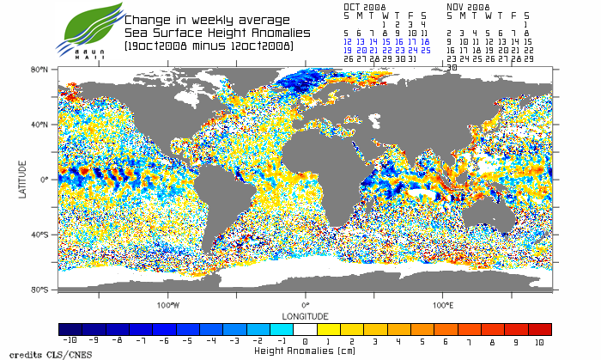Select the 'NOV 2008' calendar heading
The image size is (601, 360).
pyautogui.click(x=468, y=6)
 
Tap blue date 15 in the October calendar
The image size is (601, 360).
pyautogui.click(x=386, y=40)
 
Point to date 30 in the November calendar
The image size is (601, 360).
pyautogui.click(x=452, y=66)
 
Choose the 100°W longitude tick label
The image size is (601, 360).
pyautogui.click(x=168, y=304)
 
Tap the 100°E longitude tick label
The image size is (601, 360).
pyautogui.click(x=443, y=304)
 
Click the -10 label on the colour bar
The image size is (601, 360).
pyautogui.click(x=70, y=342)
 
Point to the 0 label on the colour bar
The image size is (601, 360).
pyautogui.click(x=306, y=342)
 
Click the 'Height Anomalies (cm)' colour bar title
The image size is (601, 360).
pyautogui.click(x=306, y=351)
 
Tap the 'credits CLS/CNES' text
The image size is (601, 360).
pyautogui.click(x=33, y=354)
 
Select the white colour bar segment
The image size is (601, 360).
pyautogui.click(x=306, y=330)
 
